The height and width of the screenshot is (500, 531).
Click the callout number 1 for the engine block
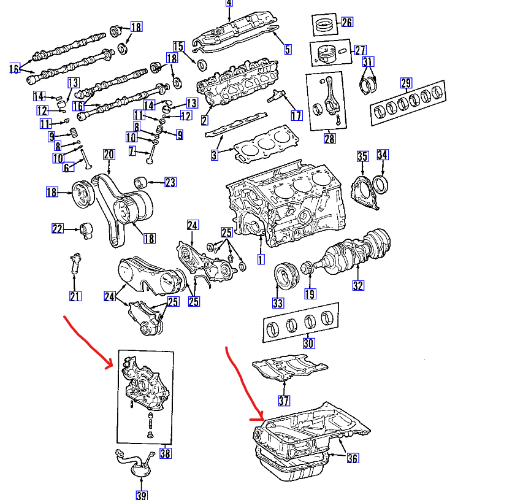click(x=261, y=260)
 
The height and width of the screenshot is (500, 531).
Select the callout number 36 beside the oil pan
click(x=353, y=458)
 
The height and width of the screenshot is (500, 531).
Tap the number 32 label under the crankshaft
click(x=359, y=285)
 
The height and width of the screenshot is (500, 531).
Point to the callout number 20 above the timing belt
click(x=109, y=154)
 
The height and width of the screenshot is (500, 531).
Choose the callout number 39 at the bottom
click(x=141, y=495)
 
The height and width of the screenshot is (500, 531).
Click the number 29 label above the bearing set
click(x=405, y=83)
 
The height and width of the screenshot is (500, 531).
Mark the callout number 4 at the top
click(x=229, y=3)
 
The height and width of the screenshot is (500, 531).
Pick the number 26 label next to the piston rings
click(x=346, y=23)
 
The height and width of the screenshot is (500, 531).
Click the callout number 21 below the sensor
click(x=75, y=297)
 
